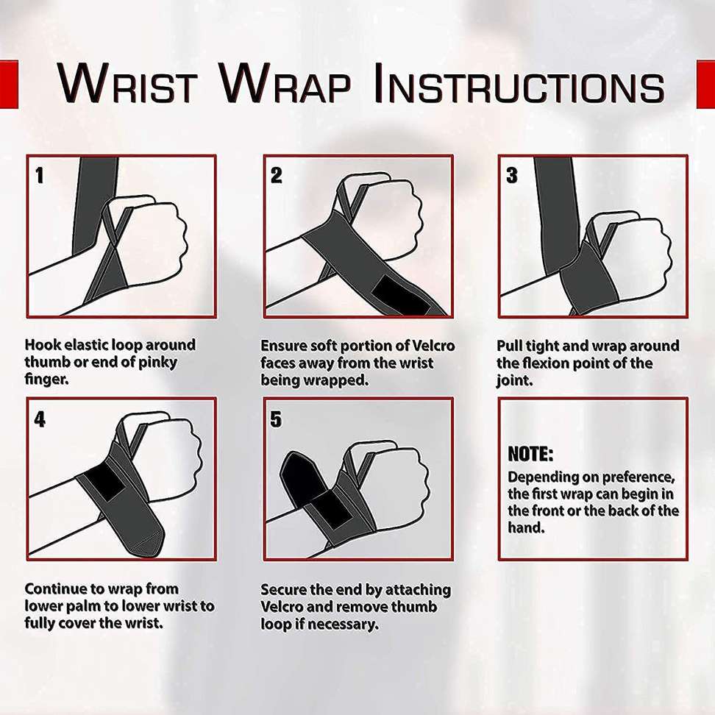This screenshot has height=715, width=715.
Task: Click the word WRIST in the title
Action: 128,84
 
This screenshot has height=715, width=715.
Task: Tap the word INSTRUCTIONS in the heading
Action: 519,84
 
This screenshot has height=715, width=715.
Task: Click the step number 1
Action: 40,175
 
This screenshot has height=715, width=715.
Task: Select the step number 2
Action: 277,175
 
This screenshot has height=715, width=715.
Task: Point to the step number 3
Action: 512,175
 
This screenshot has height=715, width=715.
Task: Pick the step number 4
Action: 40,419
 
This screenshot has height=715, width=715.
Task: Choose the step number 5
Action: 276,419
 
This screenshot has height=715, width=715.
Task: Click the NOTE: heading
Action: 530,454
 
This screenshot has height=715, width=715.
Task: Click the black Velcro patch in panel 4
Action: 104,483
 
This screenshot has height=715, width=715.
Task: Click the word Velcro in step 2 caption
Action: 433,346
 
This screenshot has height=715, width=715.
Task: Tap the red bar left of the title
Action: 9,85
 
